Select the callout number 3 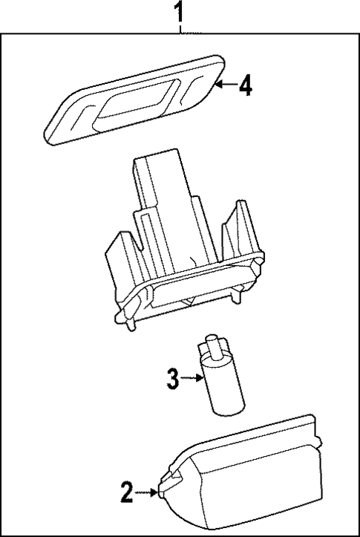tap(173, 379)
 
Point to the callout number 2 tap(126, 492)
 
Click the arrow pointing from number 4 tap(226, 84)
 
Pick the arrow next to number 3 tap(192, 378)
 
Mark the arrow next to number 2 tap(146, 492)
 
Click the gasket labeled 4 tap(135, 100)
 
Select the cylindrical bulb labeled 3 tap(221, 376)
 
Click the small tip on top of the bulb tap(215, 346)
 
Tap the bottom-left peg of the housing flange tap(129, 325)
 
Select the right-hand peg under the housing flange tap(236, 297)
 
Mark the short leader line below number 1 tap(180, 28)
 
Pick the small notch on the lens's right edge tap(319, 442)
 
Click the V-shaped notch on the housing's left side tap(140, 242)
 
